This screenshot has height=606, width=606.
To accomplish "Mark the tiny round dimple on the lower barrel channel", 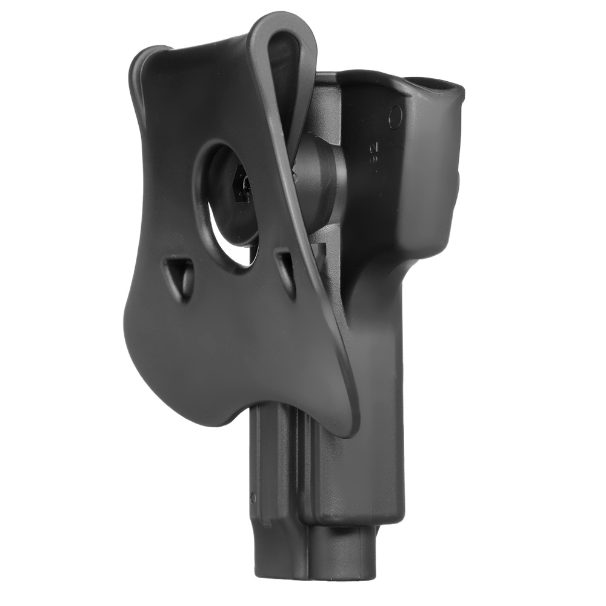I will click(x=253, y=498).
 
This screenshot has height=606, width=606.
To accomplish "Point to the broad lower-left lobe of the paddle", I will click(x=170, y=351).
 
